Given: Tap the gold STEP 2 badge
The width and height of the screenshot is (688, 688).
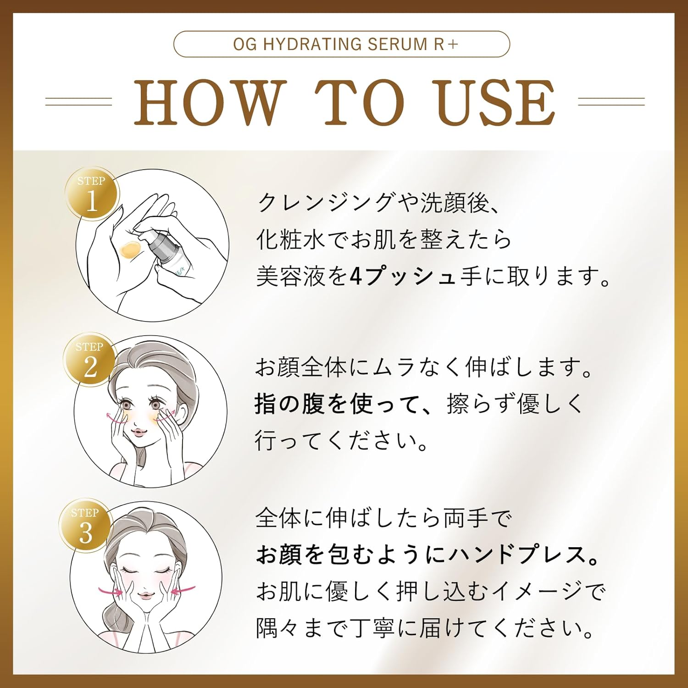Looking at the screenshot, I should pyautogui.click(x=90, y=360).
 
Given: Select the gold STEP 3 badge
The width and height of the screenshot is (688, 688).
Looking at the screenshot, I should pyautogui.click(x=85, y=526).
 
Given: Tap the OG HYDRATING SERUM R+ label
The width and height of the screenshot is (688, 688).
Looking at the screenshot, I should pyautogui.click(x=342, y=44).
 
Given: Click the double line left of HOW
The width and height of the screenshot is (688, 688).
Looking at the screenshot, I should pyautogui.click(x=78, y=102).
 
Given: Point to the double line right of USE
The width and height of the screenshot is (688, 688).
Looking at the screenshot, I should pyautogui.click(x=611, y=102).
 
